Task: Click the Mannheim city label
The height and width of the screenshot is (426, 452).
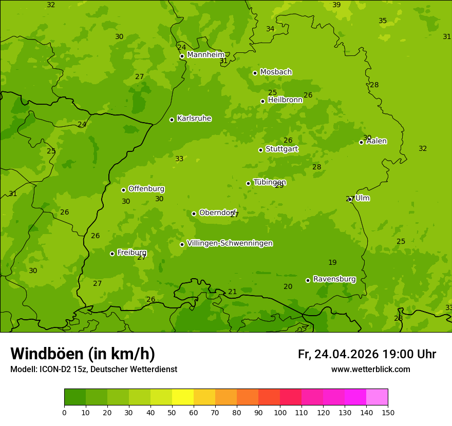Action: pos(206,55)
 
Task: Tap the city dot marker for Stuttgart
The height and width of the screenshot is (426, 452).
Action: pos(260,150)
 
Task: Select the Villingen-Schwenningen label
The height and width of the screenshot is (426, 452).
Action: pos(230,243)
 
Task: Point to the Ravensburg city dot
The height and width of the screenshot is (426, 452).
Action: pos(308,280)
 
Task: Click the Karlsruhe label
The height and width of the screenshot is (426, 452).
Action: pos(194,119)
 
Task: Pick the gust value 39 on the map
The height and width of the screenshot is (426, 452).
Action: pos(336,5)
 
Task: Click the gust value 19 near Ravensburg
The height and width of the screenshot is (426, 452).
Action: pos(332,263)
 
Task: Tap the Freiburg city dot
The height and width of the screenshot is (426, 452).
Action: pos(112,254)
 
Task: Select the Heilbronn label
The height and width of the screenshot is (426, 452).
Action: pos(285,100)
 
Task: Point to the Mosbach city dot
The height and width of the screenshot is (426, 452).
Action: pos(255,73)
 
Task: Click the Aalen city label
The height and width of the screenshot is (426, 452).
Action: pos(376,141)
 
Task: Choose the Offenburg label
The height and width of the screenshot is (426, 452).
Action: pos(146,189)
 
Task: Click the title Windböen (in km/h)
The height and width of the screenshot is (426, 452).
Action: pos(83,354)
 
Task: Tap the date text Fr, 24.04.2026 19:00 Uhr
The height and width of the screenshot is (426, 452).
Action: pos(367,354)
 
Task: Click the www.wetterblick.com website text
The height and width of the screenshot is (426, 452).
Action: pos(370,370)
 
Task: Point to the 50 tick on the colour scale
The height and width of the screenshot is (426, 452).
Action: pos(172,412)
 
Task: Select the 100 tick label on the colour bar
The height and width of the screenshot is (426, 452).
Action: pos(280,412)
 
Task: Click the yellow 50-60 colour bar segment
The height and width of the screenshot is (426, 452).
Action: pos(183,397)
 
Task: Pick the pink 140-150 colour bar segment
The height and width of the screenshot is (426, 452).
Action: pos(377,397)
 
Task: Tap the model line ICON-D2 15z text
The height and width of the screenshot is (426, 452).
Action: pos(93,370)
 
